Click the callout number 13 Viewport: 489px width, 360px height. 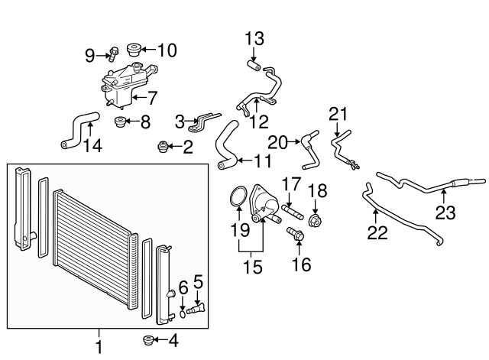tap(254, 39)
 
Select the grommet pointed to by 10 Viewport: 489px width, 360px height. tap(134, 50)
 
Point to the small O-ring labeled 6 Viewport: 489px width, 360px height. tap(183, 314)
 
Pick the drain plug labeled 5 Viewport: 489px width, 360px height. tap(196, 309)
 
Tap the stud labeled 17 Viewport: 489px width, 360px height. tap(293, 212)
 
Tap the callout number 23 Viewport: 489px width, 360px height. tap(445, 212)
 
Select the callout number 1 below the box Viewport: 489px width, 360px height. tap(99, 346)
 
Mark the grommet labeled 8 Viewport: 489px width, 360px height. tap(119, 122)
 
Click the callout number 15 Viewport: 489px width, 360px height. tap(253, 268)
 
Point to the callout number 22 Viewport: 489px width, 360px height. tap(377, 232)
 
